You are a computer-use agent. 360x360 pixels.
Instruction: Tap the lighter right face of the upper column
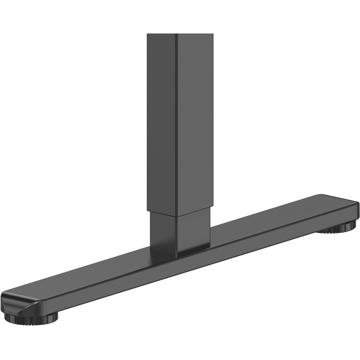click(x=194, y=119)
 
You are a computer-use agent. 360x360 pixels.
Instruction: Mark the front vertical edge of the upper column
click(x=176, y=126)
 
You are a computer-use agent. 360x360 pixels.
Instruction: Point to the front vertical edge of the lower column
click(x=176, y=236)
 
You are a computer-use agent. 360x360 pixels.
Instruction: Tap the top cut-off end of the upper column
click(x=180, y=34)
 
